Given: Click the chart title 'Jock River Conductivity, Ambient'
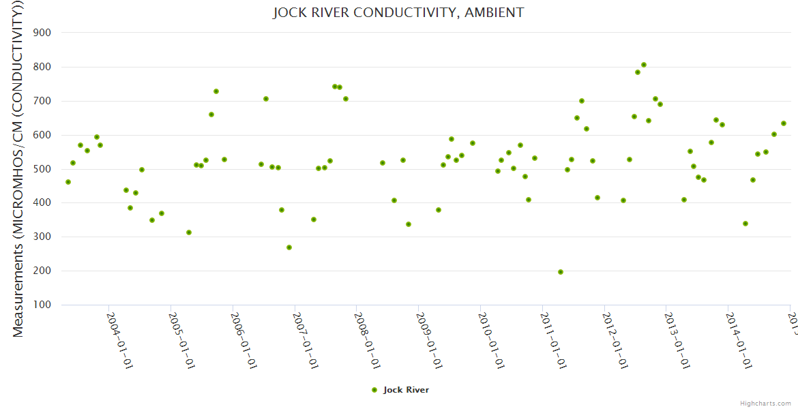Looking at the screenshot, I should tap(398, 13).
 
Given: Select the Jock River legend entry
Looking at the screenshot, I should tap(400, 390).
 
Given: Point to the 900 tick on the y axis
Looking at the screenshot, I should tap(51, 33).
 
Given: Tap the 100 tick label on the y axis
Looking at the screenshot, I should tap(51, 305).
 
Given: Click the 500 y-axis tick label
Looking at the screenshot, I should tap(51, 169).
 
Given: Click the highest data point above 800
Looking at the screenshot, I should tap(644, 65).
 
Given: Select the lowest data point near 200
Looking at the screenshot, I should tap(561, 272).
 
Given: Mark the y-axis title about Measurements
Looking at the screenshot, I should tap(18, 170).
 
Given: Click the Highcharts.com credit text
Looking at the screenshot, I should tap(765, 403).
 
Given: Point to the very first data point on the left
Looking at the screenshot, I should tap(68, 182).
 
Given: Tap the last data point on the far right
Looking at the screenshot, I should tap(784, 123).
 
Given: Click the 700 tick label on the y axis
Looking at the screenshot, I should tap(51, 101).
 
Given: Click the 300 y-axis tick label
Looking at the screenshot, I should tap(51, 237).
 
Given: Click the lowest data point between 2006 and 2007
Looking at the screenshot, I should tap(289, 247).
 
